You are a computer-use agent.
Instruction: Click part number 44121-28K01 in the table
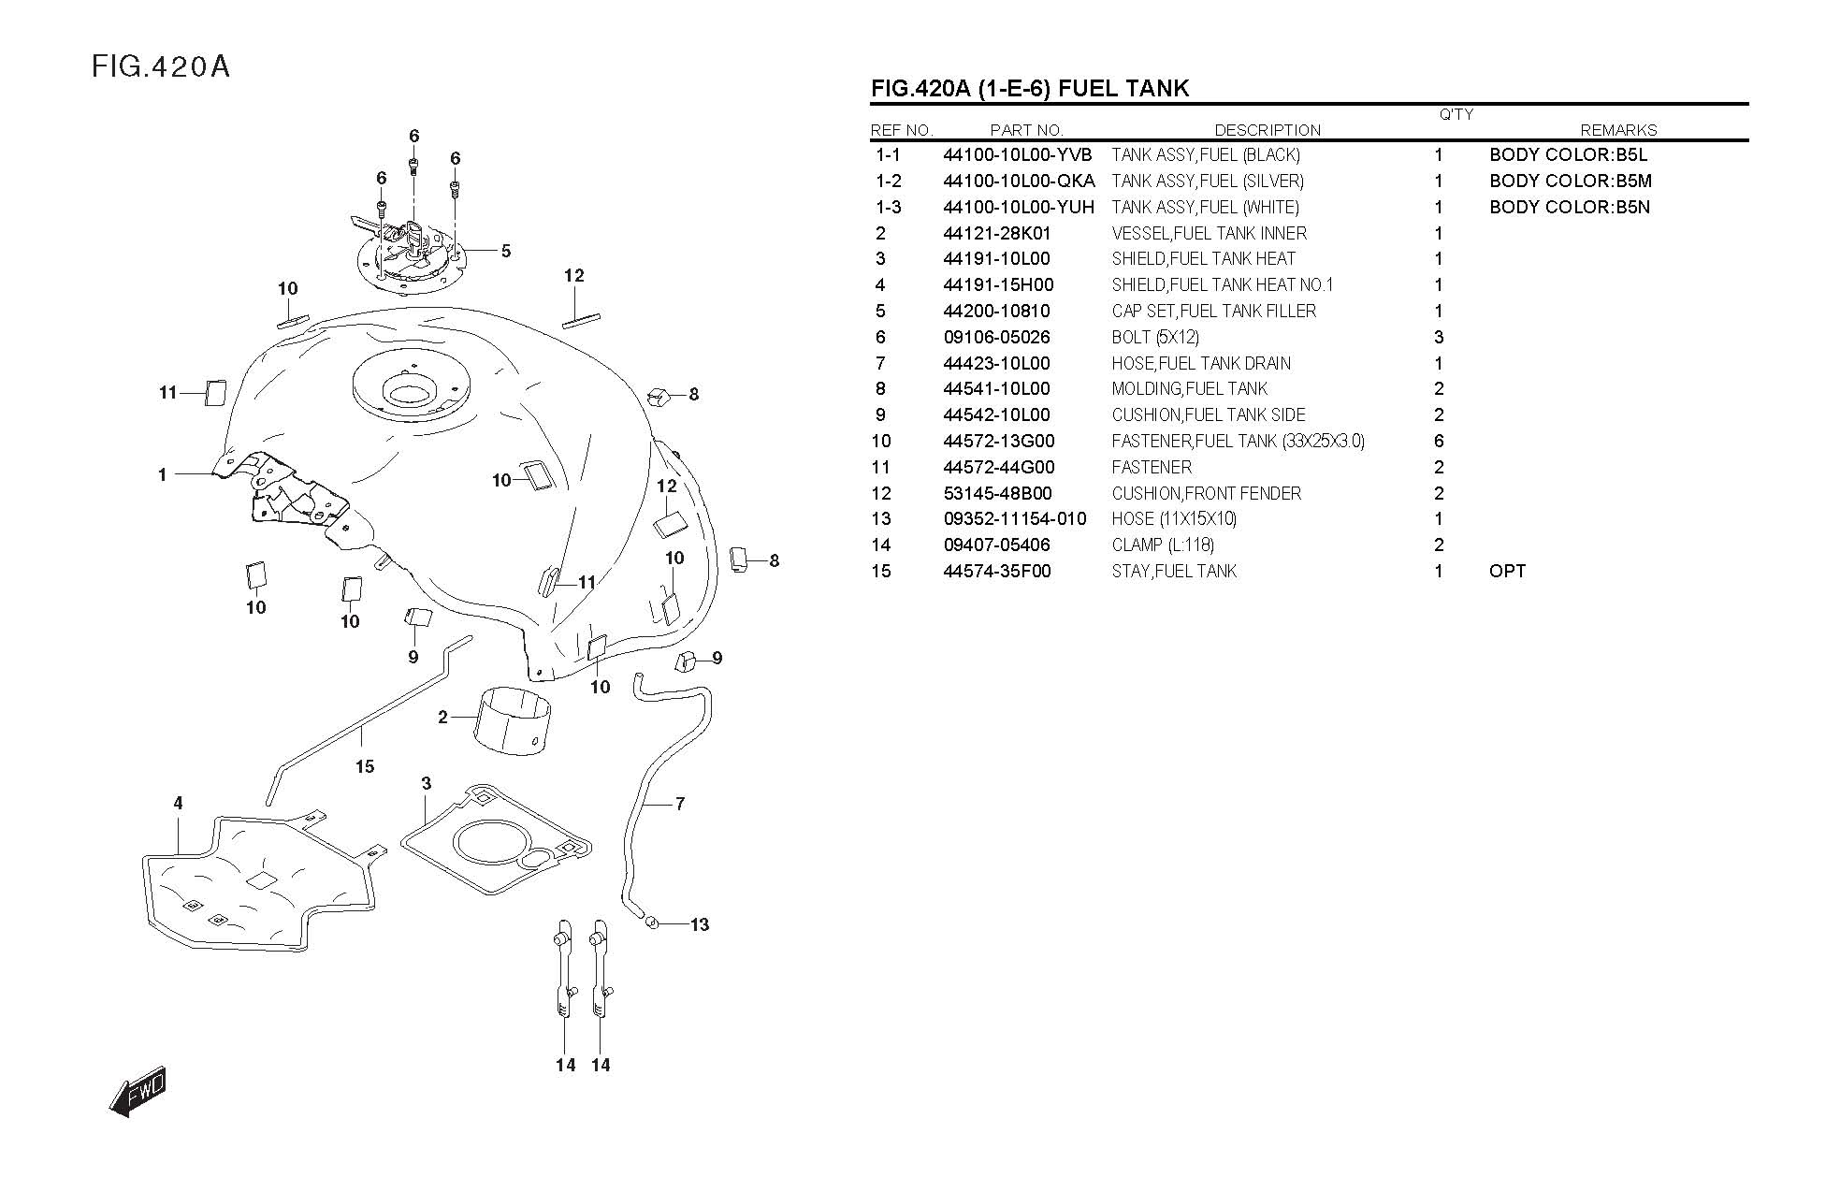[x=996, y=233]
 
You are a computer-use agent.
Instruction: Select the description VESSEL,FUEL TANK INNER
[x=1209, y=233]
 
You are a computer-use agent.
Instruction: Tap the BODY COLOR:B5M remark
[x=1570, y=181]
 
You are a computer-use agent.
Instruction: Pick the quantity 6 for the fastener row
[x=1439, y=441]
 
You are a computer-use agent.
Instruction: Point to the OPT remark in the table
[x=1507, y=571]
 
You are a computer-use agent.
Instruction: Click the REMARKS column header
[x=1617, y=130]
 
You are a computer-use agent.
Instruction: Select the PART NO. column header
[x=1026, y=130]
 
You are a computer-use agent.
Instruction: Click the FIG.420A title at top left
[x=161, y=67]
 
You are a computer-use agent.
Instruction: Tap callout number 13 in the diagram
[x=700, y=924]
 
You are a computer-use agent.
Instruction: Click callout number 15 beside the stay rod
[x=365, y=766]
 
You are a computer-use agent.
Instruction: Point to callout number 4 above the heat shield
[x=178, y=803]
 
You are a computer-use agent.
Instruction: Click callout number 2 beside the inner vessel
[x=442, y=718]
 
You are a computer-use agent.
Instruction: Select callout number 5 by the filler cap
[x=506, y=251]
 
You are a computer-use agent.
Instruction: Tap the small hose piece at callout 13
[x=653, y=923]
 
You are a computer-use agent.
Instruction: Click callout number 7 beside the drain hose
[x=680, y=803]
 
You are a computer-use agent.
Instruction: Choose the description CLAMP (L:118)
[x=1163, y=545]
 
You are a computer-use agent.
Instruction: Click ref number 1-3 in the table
[x=889, y=207]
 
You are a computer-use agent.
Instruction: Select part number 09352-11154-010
[x=1015, y=518]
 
